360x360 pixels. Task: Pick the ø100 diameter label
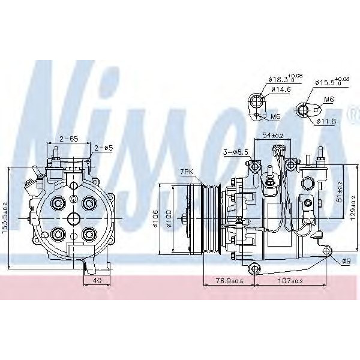tap(170, 220)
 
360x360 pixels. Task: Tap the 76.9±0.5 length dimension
tap(229, 280)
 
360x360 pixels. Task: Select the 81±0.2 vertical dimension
tap(338, 191)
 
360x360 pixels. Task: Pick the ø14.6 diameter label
tap(281, 89)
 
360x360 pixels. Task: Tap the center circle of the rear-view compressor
tap(72, 218)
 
